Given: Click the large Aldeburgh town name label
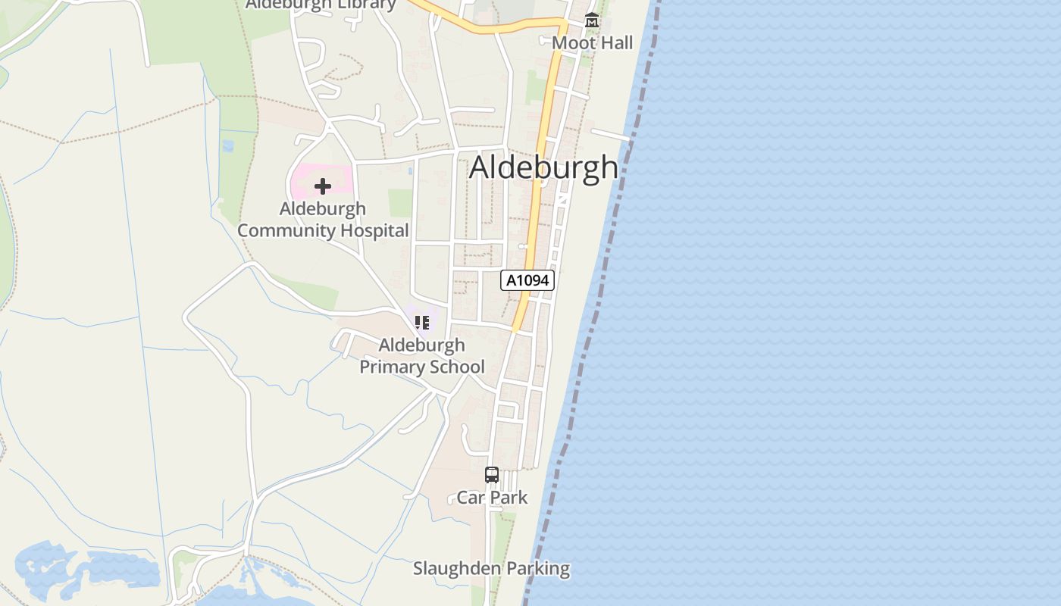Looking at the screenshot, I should tap(543, 167).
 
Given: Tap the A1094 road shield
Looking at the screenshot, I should tap(527, 280).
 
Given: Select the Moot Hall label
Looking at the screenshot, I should tap(592, 43).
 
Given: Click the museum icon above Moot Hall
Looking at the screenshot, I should tap(592, 20).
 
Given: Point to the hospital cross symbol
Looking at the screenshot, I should tap(323, 186).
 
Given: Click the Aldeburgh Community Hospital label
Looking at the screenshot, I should tap(324, 220).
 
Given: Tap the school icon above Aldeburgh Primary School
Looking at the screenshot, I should tap(422, 323).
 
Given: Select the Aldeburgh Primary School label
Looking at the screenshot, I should tap(422, 356).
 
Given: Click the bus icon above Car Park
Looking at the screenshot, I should tap(492, 475).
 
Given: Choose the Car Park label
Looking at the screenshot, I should tap(492, 498).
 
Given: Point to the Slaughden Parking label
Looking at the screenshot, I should tap(491, 568).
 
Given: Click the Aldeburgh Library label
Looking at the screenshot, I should tap(321, 5).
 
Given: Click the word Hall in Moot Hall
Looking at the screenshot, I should tap(614, 43).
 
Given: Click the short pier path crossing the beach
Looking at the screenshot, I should tap(611, 135).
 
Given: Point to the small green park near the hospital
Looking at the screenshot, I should tap(400, 202).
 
